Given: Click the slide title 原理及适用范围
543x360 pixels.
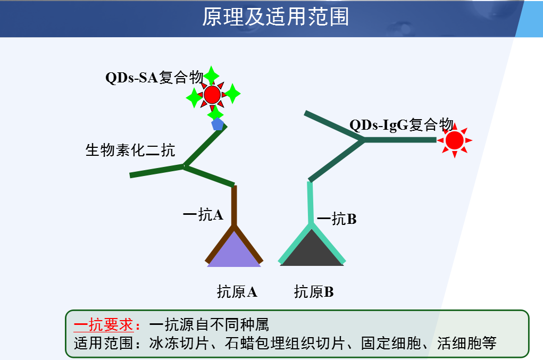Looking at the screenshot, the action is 275,16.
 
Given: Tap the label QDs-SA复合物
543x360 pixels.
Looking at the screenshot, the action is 154,77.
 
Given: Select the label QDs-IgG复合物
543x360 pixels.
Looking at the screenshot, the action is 402,125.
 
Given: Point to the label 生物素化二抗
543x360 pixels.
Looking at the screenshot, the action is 130,150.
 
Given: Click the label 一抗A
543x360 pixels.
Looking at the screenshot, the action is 203,215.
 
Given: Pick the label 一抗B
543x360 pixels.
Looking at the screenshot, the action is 337,219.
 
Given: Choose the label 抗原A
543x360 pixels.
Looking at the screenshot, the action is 237,292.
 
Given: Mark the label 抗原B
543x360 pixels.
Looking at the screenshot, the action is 314,292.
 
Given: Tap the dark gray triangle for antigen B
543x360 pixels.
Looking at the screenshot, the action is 312,250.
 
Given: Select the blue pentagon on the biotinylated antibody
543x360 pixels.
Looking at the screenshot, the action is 218,124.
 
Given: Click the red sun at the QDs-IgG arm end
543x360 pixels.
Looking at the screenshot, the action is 455,140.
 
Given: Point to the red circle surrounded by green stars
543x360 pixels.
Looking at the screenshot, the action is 212,95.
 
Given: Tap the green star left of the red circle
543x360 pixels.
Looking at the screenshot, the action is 194,98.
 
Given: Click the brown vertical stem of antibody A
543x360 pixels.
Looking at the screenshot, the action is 234,206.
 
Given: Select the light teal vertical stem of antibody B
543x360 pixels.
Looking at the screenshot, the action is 310,203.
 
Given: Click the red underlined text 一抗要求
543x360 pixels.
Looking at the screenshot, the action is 104,325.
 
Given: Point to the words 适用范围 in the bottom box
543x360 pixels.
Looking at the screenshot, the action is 104,344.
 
